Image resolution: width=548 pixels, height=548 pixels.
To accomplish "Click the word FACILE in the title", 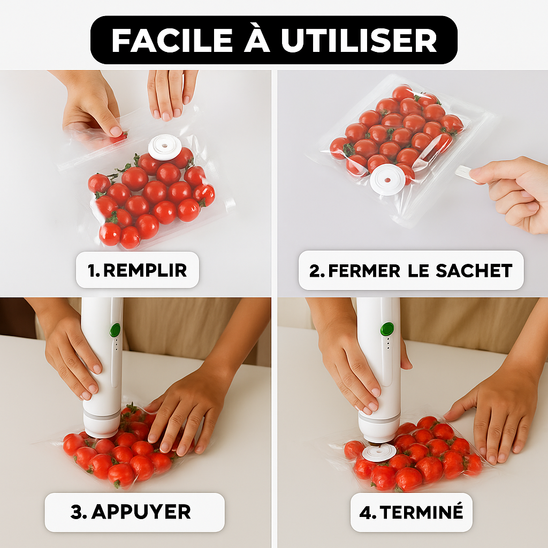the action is pos(172,40).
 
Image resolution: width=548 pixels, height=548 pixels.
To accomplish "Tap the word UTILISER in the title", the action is pos(359,40).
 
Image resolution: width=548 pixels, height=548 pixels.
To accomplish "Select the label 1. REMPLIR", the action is pos(138,270).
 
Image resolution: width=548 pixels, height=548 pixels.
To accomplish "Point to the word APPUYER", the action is pos(141,512).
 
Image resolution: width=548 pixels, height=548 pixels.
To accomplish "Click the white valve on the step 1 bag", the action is pos(165,147).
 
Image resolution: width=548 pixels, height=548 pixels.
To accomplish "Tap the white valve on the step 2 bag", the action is pos(387,180).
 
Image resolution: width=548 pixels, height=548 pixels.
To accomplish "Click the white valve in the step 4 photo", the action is pos(379,453).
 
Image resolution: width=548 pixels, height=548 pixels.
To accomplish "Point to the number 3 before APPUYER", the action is pos(77,512).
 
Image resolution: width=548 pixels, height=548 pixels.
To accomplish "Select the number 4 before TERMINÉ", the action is pos(366,512).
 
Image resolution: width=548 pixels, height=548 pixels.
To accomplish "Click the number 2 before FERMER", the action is pos(315,271).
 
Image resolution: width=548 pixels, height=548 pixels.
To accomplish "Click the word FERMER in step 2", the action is pos(364,271).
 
